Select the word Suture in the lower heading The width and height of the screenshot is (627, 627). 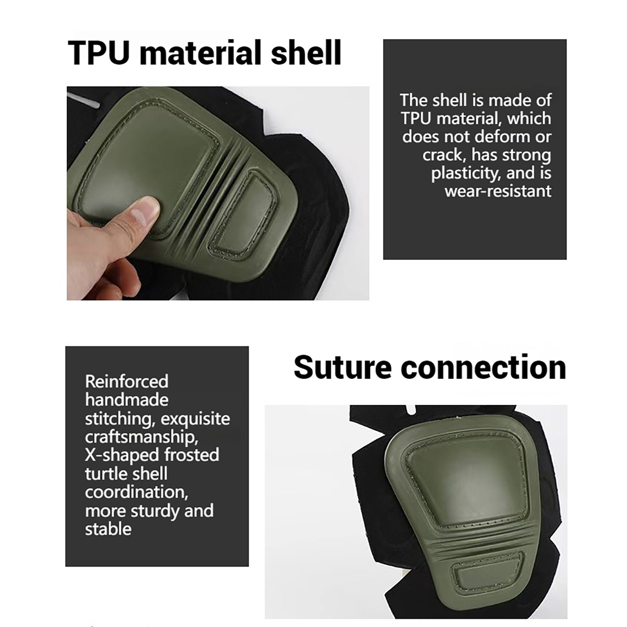point(342,367)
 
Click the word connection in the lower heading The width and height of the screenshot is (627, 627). point(484,367)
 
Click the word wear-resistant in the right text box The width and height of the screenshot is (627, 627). point(498,191)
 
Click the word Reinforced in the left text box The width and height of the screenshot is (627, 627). point(127,381)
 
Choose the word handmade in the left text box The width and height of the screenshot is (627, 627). point(127,400)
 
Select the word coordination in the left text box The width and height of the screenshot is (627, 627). point(136,492)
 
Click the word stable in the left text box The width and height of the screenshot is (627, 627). point(108,529)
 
